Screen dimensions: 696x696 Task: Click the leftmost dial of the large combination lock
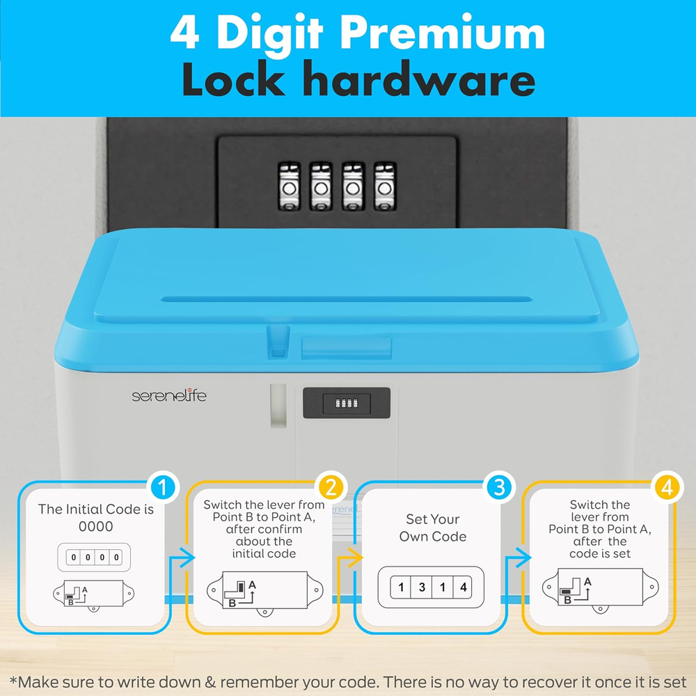pyautogui.click(x=289, y=186)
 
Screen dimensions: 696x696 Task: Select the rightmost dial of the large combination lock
pyautogui.click(x=385, y=186)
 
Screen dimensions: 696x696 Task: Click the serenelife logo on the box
pyautogui.click(x=169, y=395)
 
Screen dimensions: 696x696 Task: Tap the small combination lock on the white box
pyautogui.click(x=347, y=403)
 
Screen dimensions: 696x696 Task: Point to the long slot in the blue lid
pyautogui.click(x=347, y=299)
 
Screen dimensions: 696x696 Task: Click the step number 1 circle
pyautogui.click(x=163, y=487)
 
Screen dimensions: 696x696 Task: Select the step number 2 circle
pyautogui.click(x=331, y=487)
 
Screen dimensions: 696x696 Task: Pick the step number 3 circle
pyautogui.click(x=499, y=487)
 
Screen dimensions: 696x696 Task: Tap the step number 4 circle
pyautogui.click(x=667, y=487)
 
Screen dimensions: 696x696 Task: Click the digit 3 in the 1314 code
pyautogui.click(x=422, y=587)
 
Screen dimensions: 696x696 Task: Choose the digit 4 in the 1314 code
pyautogui.click(x=464, y=587)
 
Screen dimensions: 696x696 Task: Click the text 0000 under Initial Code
pyautogui.click(x=96, y=526)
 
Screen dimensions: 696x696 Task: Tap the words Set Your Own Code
pyautogui.click(x=433, y=528)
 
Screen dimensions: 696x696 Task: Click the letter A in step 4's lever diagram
pyautogui.click(x=587, y=581)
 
